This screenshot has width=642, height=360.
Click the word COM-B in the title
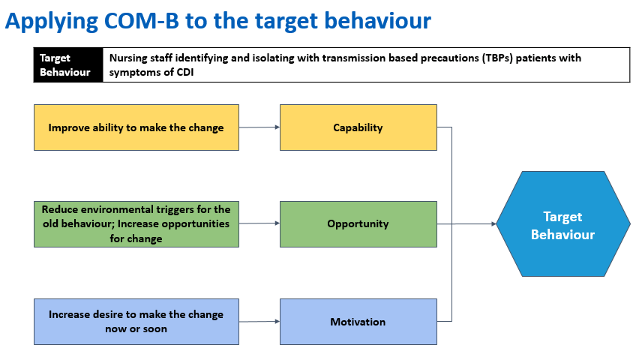(x=142, y=20)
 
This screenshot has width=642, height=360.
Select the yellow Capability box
(x=358, y=127)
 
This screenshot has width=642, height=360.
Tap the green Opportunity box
(x=358, y=224)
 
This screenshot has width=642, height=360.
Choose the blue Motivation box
(x=358, y=322)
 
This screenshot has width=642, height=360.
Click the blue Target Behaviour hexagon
(x=563, y=224)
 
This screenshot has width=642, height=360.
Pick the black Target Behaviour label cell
(x=68, y=65)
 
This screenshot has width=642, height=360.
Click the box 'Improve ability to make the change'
(x=136, y=127)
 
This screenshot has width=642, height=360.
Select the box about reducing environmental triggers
(x=136, y=224)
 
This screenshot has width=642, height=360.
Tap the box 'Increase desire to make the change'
(x=136, y=322)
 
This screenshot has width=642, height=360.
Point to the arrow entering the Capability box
(x=259, y=127)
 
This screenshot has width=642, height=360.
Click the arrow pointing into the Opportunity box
(x=259, y=223)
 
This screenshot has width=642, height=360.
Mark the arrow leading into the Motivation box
(x=259, y=322)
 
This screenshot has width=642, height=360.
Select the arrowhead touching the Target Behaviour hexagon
(x=493, y=224)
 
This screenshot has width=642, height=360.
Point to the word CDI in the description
(x=185, y=73)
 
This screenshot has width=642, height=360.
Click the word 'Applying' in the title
(x=52, y=21)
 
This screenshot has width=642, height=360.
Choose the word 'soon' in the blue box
(x=154, y=328)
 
